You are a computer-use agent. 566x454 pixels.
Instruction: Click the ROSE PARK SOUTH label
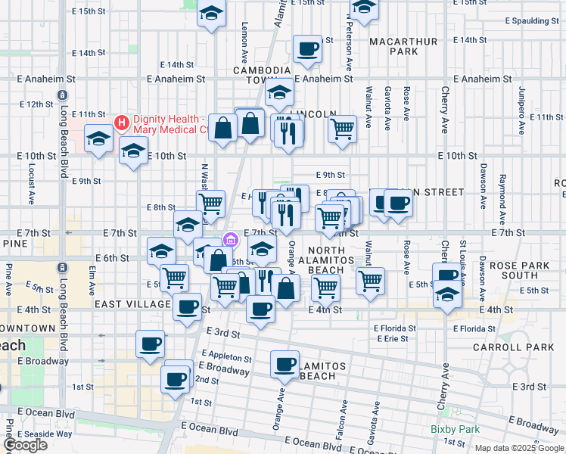pos(524,271)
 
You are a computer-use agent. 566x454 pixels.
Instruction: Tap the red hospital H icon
pos(120,123)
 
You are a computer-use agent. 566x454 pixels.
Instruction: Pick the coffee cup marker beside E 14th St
pos(308,50)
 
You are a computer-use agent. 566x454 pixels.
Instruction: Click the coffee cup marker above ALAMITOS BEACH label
pos(285,365)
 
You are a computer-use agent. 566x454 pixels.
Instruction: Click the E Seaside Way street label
pos(45,434)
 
